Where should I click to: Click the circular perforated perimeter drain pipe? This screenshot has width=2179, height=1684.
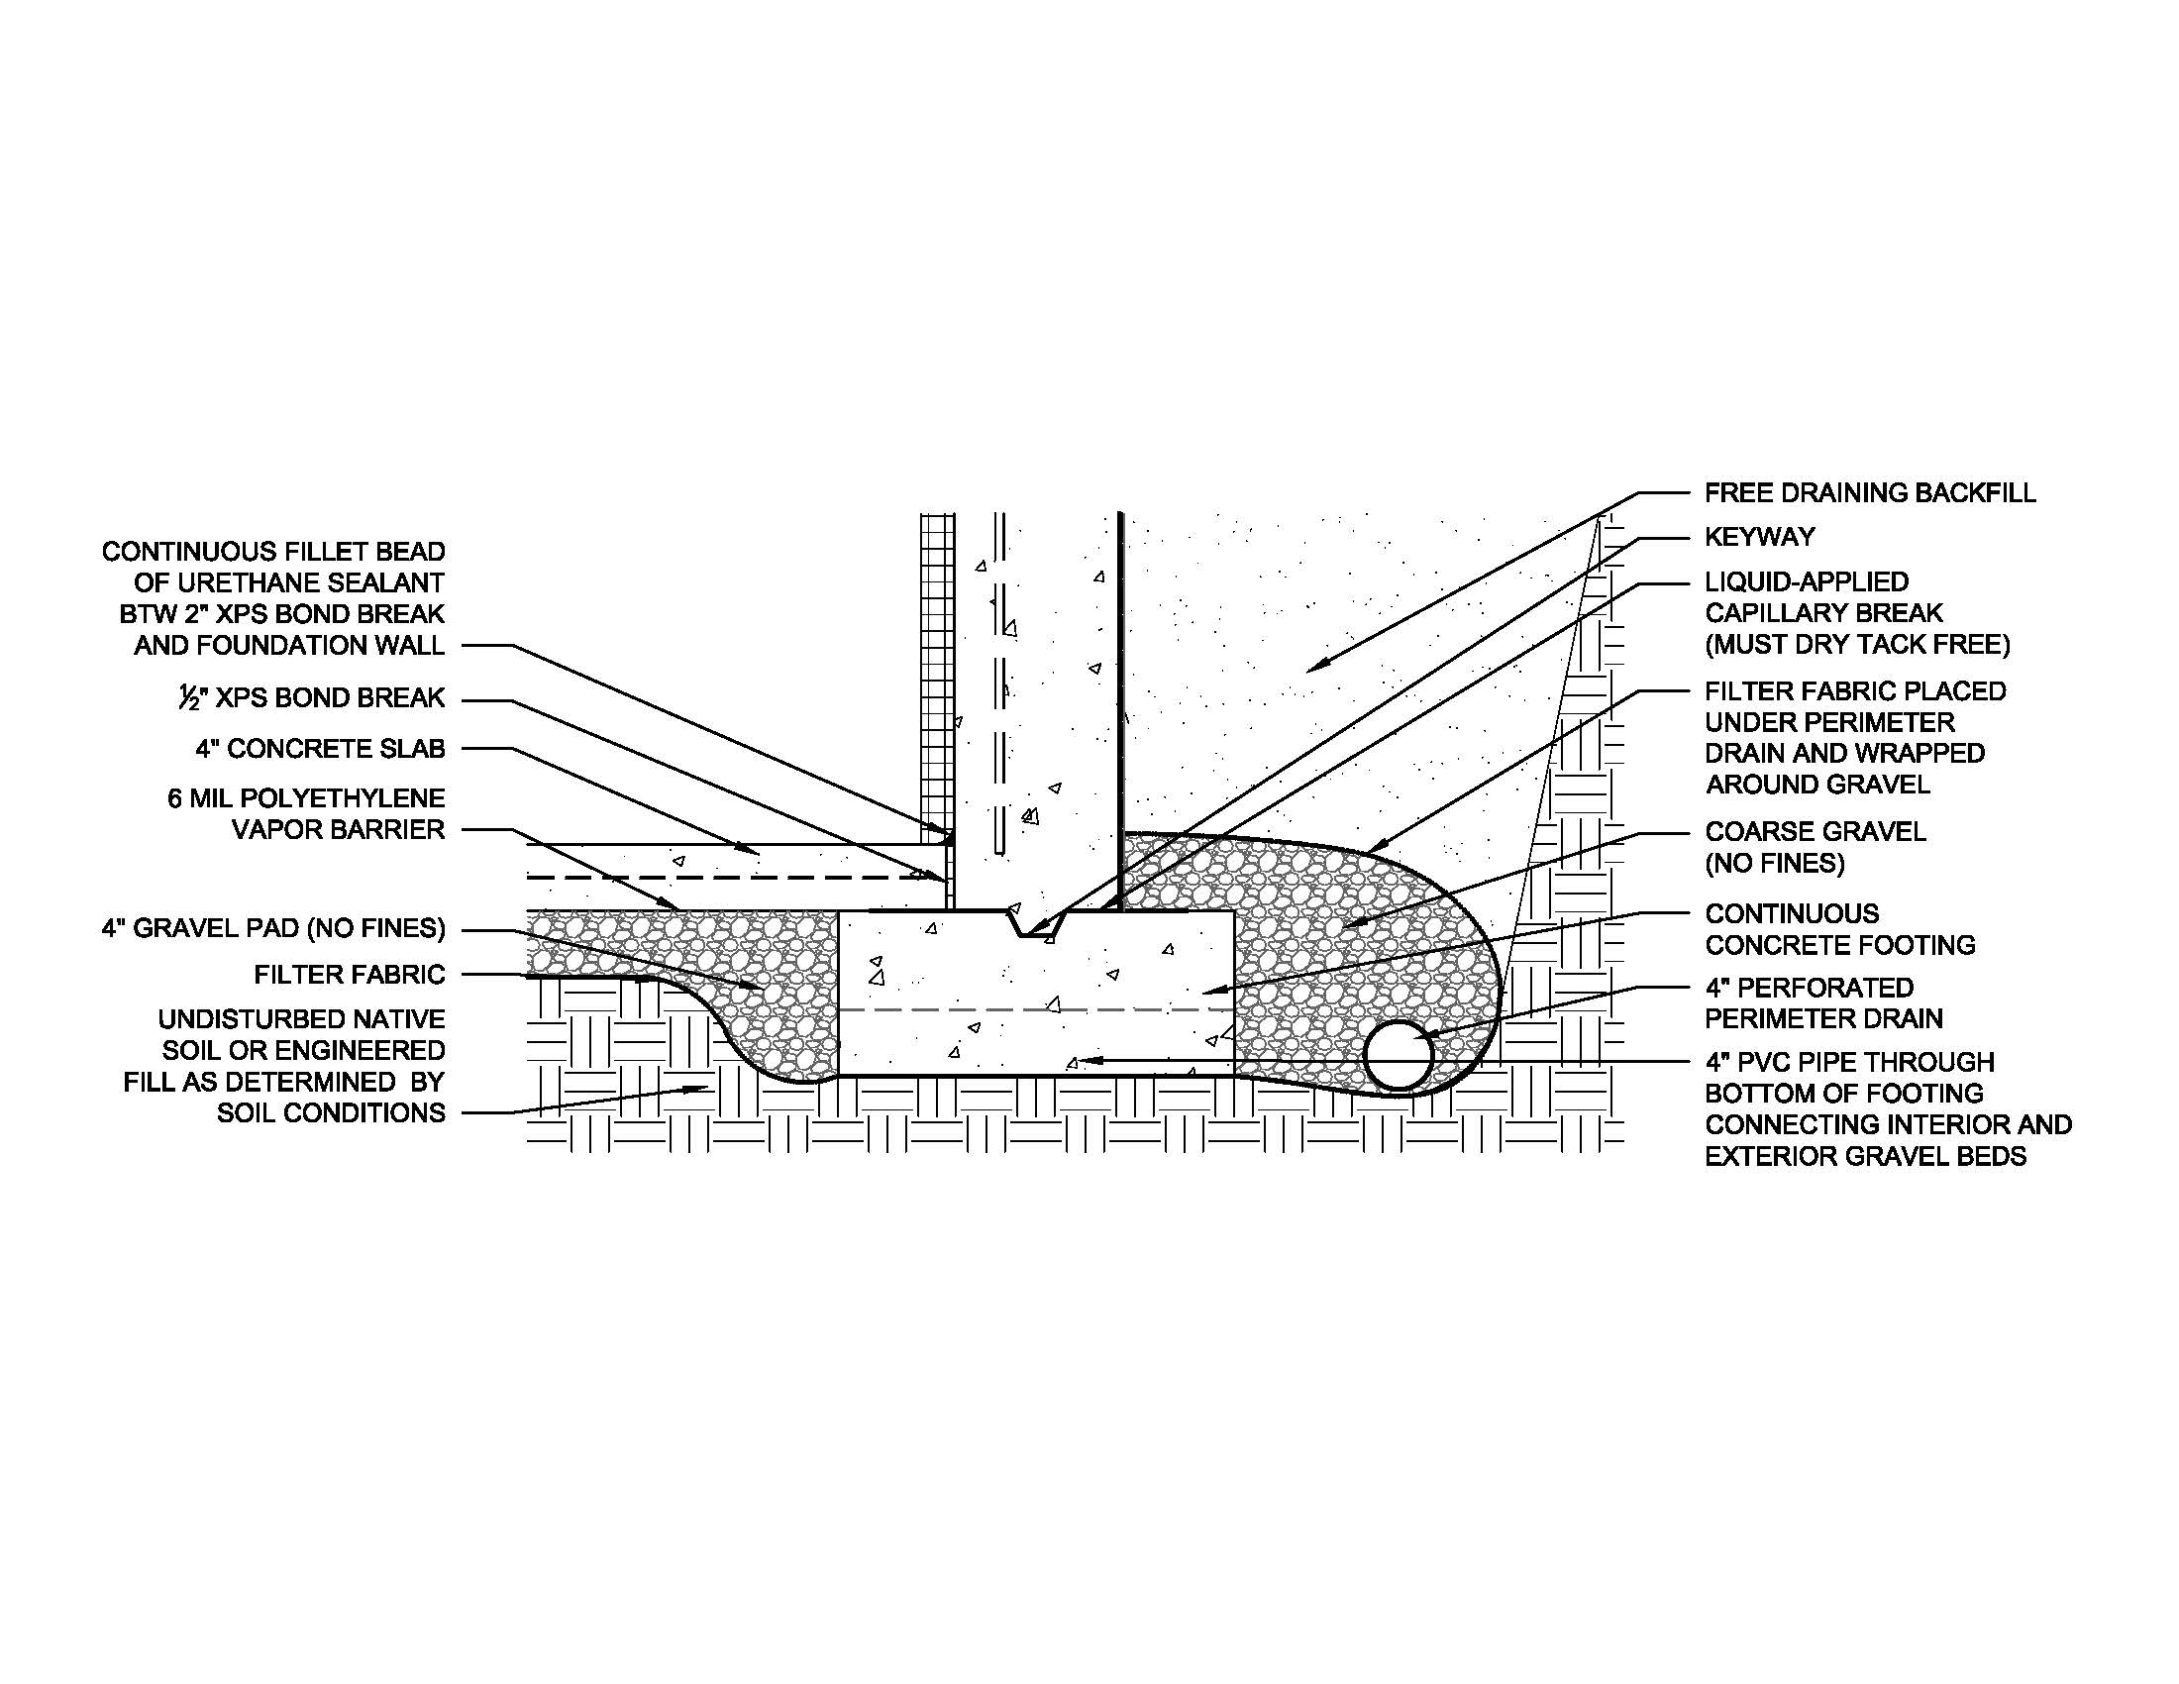tap(1399, 1055)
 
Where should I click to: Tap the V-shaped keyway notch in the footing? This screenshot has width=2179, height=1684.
tap(1038, 922)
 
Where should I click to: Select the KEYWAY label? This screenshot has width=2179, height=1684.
tap(1759, 537)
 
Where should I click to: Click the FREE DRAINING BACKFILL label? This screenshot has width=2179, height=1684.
tap(1870, 493)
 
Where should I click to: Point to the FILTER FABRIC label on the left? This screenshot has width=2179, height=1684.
tap(350, 974)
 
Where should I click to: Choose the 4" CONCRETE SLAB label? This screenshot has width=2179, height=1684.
tap(320, 749)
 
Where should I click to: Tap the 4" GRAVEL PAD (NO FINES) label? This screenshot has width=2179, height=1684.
tap(273, 929)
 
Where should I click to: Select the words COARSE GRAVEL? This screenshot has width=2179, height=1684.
tap(1815, 831)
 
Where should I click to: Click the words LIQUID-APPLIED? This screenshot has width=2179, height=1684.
tap(1807, 581)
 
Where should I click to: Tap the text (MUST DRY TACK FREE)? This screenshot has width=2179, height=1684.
tap(1858, 645)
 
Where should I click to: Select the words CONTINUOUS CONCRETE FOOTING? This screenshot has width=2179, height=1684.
tap(1840, 929)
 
